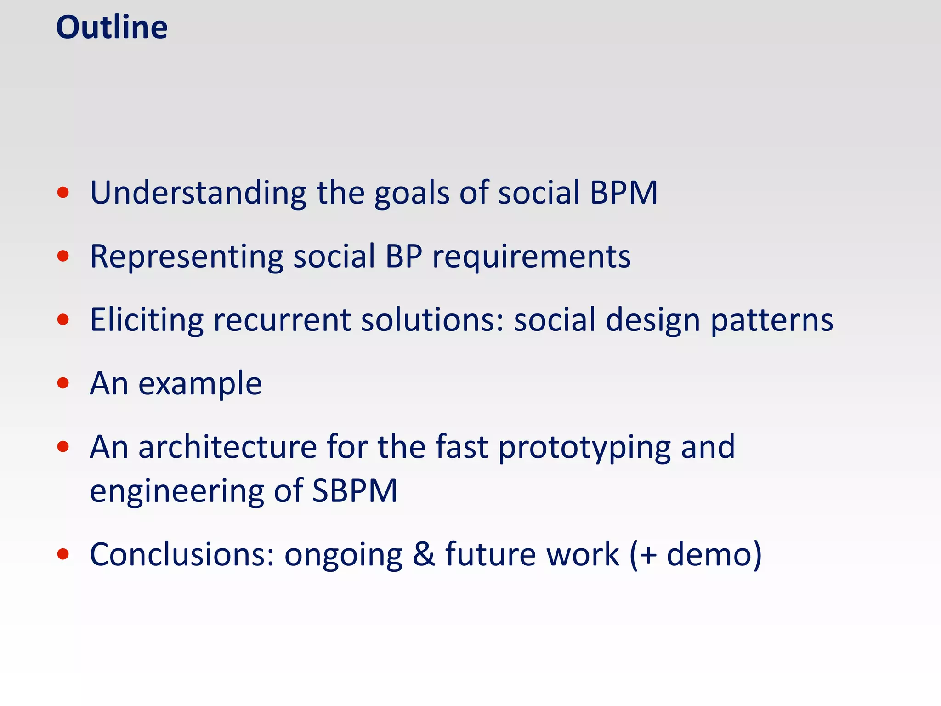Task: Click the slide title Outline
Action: click(112, 28)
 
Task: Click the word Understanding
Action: click(198, 193)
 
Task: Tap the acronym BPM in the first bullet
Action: click(624, 193)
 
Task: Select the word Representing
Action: click(187, 256)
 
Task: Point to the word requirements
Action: click(532, 257)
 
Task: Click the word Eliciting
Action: click(147, 320)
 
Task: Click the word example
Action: click(200, 384)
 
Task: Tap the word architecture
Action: click(227, 447)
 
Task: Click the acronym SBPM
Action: click(354, 491)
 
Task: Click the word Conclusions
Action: click(182, 554)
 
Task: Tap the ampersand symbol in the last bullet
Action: click(424, 554)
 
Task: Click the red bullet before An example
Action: click(63, 383)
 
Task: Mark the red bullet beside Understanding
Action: click(63, 193)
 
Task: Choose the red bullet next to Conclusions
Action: click(63, 554)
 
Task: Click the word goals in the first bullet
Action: click(412, 194)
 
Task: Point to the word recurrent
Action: click(282, 320)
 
